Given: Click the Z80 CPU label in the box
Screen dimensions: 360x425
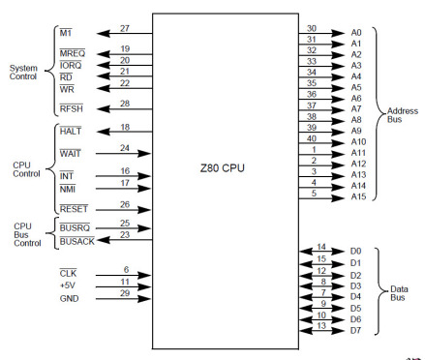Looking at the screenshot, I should pos(226,168).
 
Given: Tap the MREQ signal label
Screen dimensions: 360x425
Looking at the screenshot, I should pos(72,52).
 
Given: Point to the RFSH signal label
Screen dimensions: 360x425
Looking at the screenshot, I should pos(71,108).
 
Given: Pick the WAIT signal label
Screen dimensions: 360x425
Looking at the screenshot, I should pos(70,154).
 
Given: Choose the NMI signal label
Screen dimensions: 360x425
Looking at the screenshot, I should pos(67,187).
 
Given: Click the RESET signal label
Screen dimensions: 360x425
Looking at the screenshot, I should pos(74,208).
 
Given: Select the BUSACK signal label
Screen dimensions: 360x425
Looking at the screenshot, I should pos(77,239).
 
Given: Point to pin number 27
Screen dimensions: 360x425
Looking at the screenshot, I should pos(125,29).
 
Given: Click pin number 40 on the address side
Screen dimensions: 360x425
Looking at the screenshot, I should pos(311,137).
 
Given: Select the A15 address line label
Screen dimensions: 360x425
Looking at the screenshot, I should pos(356,197).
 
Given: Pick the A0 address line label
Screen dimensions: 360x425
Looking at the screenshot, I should pos(354,32).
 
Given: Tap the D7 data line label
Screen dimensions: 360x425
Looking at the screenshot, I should pos(354,330).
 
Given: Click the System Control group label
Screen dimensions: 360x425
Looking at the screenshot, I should pos(23,73).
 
